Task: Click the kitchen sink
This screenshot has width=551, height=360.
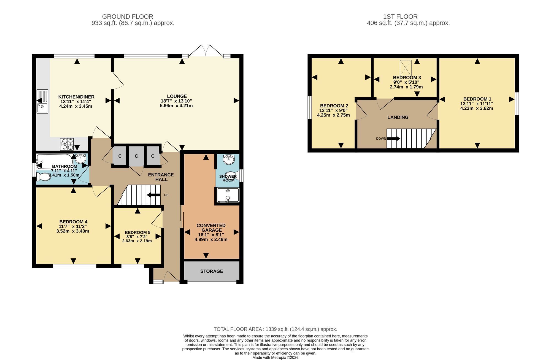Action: click(x=42, y=101)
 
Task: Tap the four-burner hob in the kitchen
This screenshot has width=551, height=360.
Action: click(x=67, y=144)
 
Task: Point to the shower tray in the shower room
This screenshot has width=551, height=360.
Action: click(x=228, y=195)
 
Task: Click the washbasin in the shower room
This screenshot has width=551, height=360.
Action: click(x=228, y=159)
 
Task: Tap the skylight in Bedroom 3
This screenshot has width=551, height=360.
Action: click(x=406, y=68)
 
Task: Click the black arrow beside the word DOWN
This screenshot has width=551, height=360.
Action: click(x=394, y=139)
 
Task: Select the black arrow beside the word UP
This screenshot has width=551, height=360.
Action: click(x=154, y=195)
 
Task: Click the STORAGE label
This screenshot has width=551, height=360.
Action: click(x=212, y=271)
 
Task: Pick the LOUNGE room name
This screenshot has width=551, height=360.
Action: click(x=177, y=96)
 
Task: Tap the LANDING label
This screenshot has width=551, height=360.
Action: click(x=398, y=117)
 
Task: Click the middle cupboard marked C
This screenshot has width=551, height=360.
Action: click(x=136, y=156)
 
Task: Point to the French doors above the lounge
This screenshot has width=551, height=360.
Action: click(x=206, y=52)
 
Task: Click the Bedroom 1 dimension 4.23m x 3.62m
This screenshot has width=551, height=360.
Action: click(x=477, y=108)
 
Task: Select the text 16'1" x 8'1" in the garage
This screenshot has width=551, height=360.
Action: click(x=211, y=235)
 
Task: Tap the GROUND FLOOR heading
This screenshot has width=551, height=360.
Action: click(x=128, y=17)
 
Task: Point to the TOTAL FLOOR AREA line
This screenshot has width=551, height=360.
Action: click(x=275, y=329)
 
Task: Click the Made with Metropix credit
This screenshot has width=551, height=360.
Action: click(x=275, y=358)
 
